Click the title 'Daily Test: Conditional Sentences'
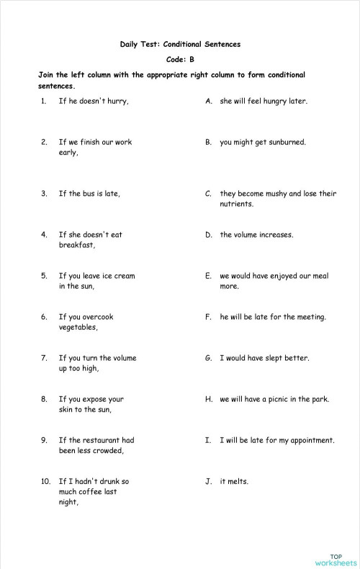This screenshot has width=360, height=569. [x=180, y=44]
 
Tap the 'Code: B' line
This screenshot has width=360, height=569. [x=180, y=59]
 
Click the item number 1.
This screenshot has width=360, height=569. [x=44, y=101]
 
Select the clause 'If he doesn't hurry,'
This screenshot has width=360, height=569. [x=94, y=101]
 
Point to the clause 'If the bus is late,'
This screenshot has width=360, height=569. [x=89, y=193]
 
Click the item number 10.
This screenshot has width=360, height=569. [x=45, y=480]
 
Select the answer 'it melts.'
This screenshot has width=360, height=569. [x=234, y=481]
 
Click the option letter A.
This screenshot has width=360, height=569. [x=208, y=101]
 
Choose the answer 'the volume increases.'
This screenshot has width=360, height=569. [x=256, y=234]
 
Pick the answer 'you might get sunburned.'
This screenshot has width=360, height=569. [x=263, y=142]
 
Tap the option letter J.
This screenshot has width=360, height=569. [x=208, y=481]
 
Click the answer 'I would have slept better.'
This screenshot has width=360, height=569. [x=264, y=357]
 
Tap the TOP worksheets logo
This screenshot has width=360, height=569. [x=336, y=559]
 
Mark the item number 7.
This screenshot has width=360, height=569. [x=44, y=357]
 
